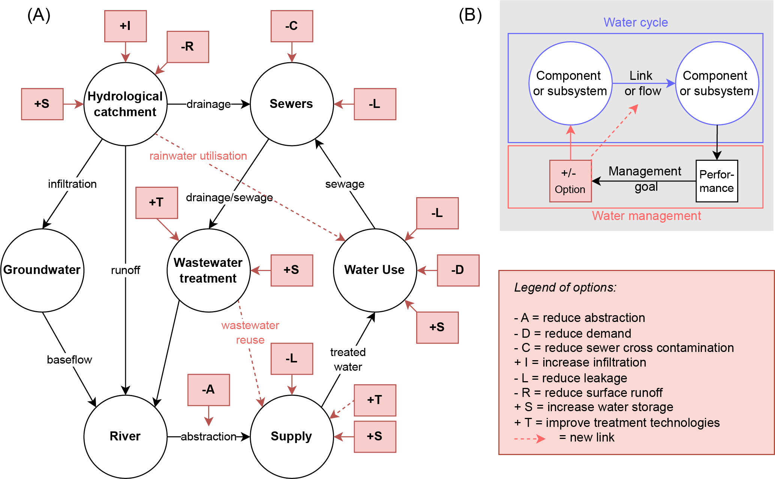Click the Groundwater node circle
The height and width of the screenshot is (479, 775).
click(42, 270)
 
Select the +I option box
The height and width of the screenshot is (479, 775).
click(125, 26)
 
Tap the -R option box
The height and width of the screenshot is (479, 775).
click(187, 46)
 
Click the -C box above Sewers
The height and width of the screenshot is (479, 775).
click(292, 26)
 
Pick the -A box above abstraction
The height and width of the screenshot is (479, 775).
click(208, 389)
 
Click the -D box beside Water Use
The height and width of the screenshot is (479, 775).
click(458, 270)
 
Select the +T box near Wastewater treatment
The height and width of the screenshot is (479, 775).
click(156, 202)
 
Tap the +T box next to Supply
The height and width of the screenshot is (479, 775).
click(375, 400)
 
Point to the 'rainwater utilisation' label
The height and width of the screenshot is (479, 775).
click(198, 156)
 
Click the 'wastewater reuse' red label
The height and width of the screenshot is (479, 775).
click(250, 332)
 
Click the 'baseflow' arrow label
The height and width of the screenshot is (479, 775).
click(69, 359)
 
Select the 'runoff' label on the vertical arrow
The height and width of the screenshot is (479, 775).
click(125, 270)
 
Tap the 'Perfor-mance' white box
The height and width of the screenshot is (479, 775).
click(717, 181)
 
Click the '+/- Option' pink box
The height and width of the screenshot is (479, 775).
click(570, 181)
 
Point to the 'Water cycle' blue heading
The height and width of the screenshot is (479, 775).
click(636, 22)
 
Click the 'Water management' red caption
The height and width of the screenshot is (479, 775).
click(646, 216)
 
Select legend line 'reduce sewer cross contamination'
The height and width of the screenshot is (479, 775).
click(624, 348)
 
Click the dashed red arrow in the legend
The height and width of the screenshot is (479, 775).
click(530, 438)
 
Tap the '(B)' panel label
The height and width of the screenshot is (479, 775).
click(470, 15)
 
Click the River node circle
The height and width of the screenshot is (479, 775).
click(125, 436)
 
